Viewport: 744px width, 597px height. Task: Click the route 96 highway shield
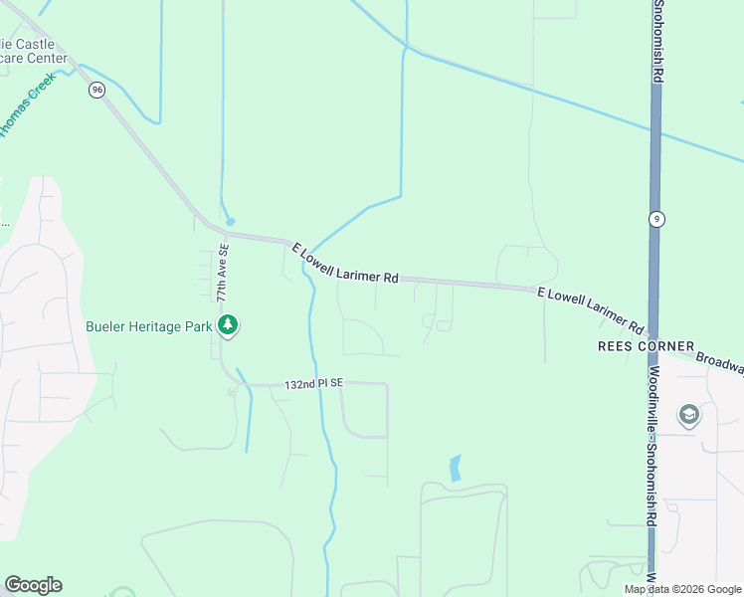click(96, 90)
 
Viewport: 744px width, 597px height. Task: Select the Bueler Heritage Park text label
click(148, 325)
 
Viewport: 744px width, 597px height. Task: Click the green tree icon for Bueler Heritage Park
click(229, 325)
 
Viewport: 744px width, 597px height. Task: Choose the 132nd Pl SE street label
click(313, 383)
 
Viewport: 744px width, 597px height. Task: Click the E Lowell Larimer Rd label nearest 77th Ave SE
click(344, 264)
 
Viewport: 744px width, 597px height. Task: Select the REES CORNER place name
click(646, 346)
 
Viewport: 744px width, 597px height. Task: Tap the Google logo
click(33, 585)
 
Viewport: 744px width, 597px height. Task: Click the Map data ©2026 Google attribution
click(683, 590)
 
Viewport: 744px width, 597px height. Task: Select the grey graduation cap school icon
click(688, 414)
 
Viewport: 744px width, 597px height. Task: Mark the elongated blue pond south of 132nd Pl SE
click(456, 468)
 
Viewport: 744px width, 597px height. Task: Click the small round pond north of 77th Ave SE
click(231, 221)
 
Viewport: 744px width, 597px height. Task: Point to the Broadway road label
click(719, 363)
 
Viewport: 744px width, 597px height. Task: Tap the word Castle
click(41, 45)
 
